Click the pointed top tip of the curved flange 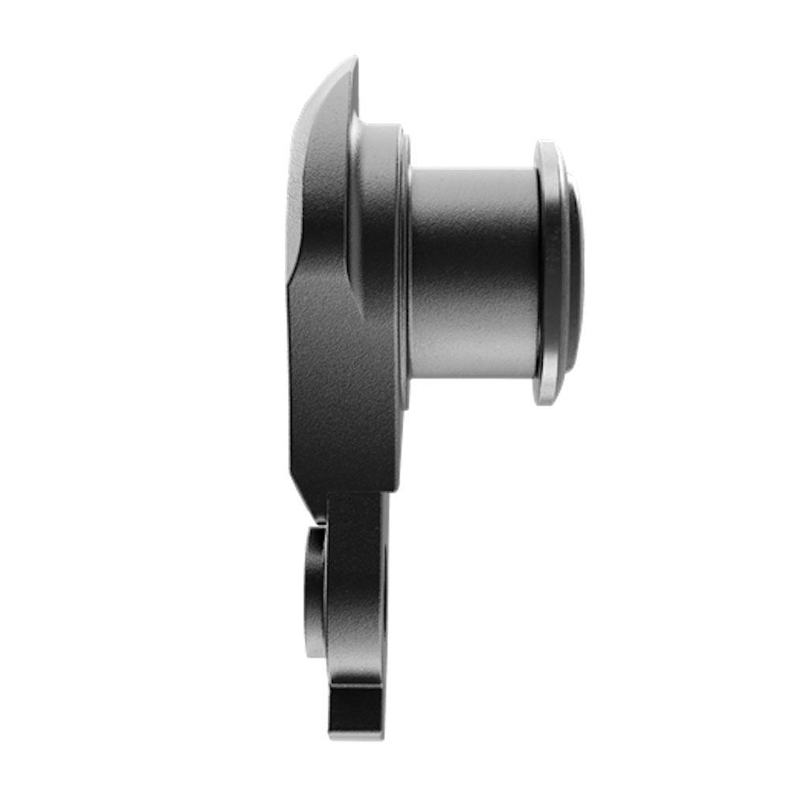(x=355, y=58)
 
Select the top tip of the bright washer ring (x=546, y=140)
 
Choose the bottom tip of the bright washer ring (x=546, y=405)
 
